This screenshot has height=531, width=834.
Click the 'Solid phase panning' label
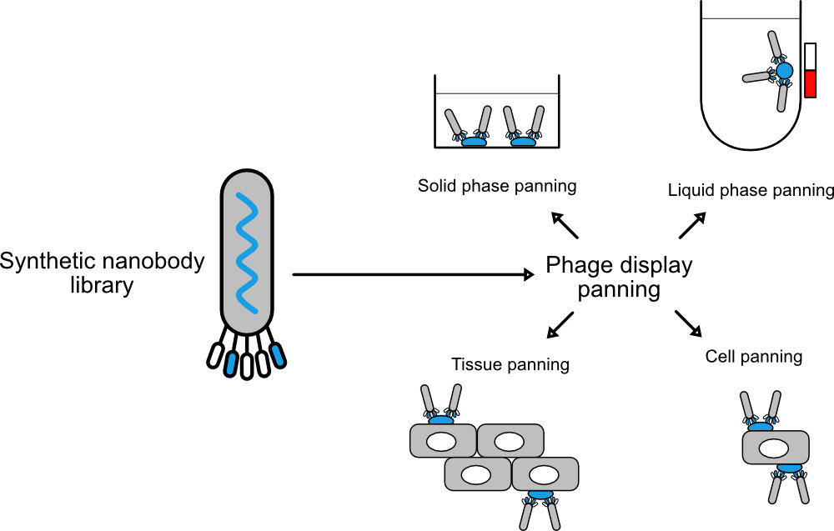click(497, 185)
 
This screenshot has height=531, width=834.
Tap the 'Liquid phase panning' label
click(751, 191)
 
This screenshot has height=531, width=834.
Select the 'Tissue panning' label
click(510, 364)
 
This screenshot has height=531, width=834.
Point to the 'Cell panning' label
click(754, 357)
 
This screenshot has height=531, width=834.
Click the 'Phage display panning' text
click(619, 278)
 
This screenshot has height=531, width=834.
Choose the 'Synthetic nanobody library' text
click(102, 273)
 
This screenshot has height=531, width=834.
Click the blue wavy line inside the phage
click(247, 249)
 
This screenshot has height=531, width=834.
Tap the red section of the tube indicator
click(809, 83)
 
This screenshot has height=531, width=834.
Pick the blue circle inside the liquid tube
click(784, 72)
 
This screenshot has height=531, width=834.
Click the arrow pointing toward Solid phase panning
click(565, 224)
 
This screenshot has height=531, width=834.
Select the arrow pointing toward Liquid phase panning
click(692, 224)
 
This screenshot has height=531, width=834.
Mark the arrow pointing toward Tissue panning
click(560, 324)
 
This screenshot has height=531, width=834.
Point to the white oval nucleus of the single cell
click(775, 448)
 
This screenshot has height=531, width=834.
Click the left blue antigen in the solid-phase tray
click(475, 142)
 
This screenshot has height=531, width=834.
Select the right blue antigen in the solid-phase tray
click(523, 142)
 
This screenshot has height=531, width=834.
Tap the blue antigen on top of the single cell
click(759, 426)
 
